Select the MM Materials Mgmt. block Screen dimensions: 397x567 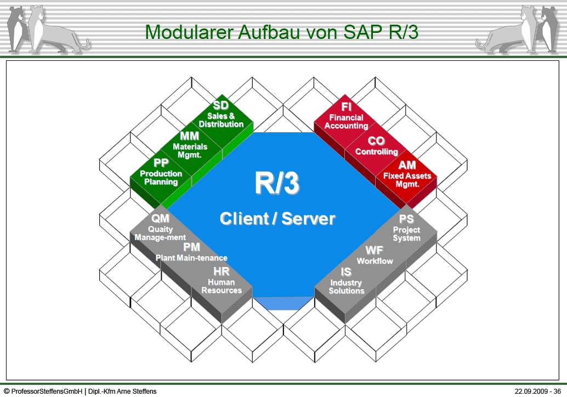coord(190,145)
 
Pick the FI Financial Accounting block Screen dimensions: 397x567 coord(346,116)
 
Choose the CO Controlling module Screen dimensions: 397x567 coord(376,146)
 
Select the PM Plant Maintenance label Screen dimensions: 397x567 coord(191,252)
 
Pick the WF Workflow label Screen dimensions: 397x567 coord(375,256)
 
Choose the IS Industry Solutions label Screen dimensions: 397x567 coord(346,281)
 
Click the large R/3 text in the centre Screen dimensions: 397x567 coord(277,184)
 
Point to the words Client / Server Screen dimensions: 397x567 coord(277,219)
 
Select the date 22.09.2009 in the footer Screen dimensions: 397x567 coord(531,392)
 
